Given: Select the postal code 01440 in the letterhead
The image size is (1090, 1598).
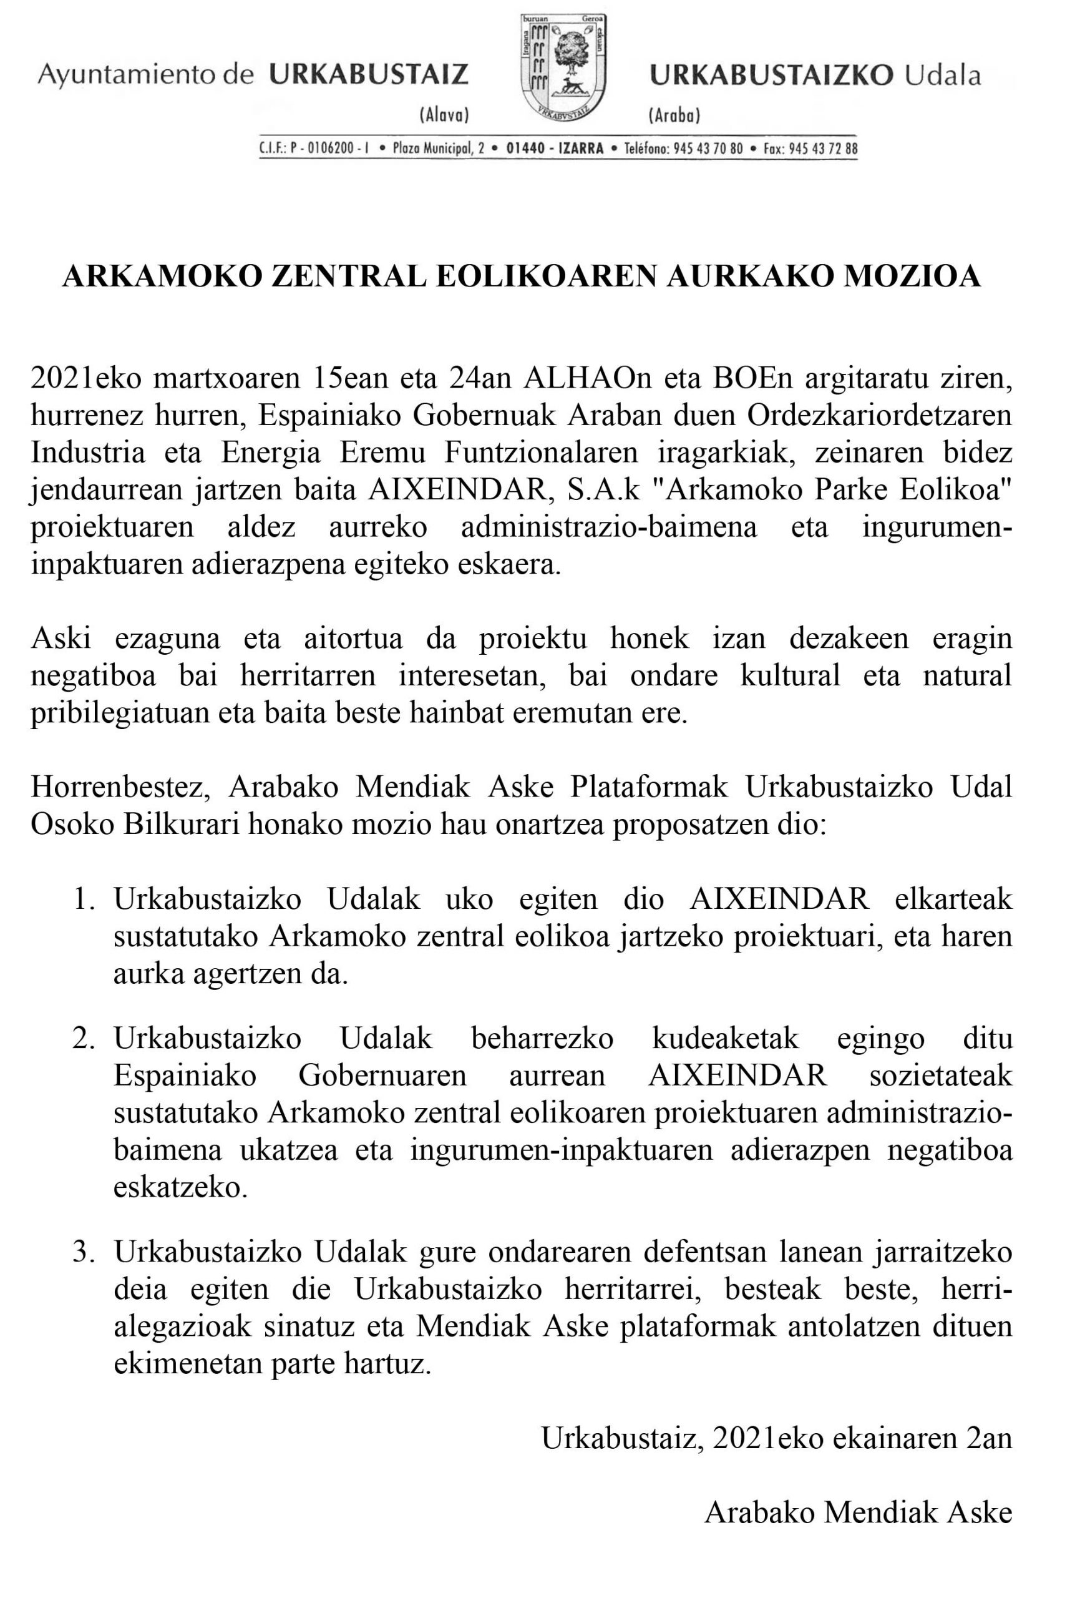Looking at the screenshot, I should click(x=524, y=149).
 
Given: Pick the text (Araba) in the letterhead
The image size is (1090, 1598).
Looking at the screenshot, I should click(x=673, y=115).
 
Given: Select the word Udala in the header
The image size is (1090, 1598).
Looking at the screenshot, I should click(x=942, y=75).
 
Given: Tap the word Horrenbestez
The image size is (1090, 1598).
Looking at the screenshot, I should click(x=120, y=787).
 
